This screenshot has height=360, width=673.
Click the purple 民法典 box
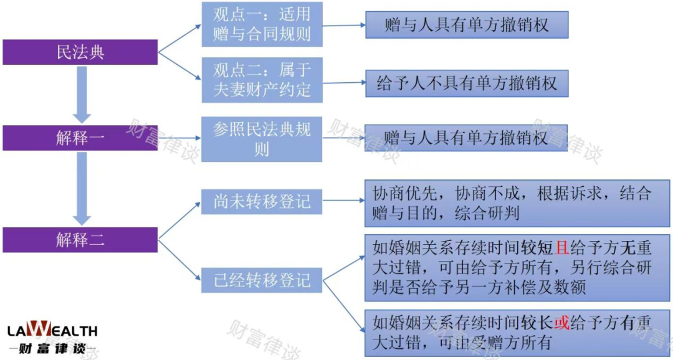pyautogui.click(x=80, y=52)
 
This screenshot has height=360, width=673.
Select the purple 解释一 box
pyautogui.click(x=80, y=138)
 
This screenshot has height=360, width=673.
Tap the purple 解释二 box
pyautogui.click(x=80, y=239)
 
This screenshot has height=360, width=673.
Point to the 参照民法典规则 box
pyautogui.click(x=262, y=139)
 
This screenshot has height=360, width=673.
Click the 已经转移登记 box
pyautogui.click(x=262, y=280)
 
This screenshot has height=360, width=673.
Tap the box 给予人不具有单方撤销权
pyautogui.click(x=467, y=83)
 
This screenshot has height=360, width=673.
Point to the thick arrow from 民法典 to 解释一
pyautogui.click(x=82, y=95)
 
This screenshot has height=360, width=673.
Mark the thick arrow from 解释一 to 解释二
pyautogui.click(x=82, y=188)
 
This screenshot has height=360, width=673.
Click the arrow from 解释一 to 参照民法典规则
pyautogui.click(x=180, y=138)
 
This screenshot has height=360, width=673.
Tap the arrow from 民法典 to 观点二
pyautogui.click(x=180, y=66)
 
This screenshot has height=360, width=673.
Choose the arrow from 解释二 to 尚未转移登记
pyautogui.click(x=180, y=220)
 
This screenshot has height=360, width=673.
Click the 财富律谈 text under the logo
pyautogui.click(x=52, y=348)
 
